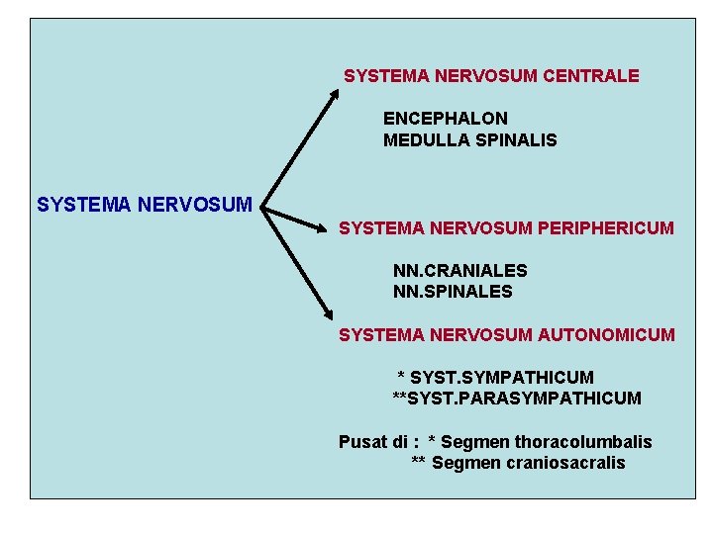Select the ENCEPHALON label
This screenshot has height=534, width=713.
coord(445,119)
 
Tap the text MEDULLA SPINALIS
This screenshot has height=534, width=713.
coord(469,140)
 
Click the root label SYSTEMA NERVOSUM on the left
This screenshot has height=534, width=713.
coord(145,206)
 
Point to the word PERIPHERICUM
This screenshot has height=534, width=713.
coord(606,228)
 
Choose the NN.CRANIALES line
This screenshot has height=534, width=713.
coord(459,270)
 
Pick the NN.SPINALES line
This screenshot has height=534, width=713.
coord(453,292)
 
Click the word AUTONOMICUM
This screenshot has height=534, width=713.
coord(606,335)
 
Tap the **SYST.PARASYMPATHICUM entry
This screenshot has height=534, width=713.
coord(517,399)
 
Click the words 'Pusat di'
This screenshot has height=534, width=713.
coord(371,442)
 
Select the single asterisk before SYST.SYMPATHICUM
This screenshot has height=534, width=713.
coord(401,377)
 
